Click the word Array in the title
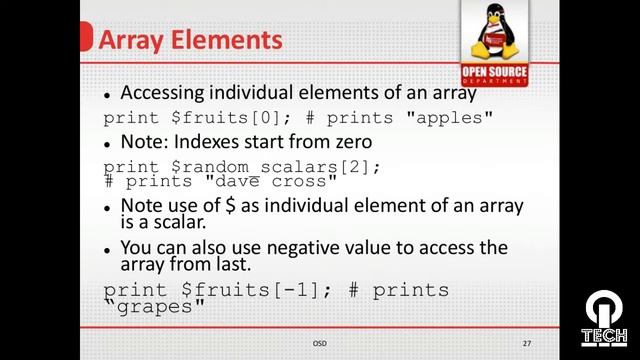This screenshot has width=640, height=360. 134,41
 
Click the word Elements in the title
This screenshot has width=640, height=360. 227,41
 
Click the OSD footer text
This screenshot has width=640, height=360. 319,343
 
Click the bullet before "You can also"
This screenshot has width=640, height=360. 108,248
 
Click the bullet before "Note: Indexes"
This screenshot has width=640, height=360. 108,143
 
